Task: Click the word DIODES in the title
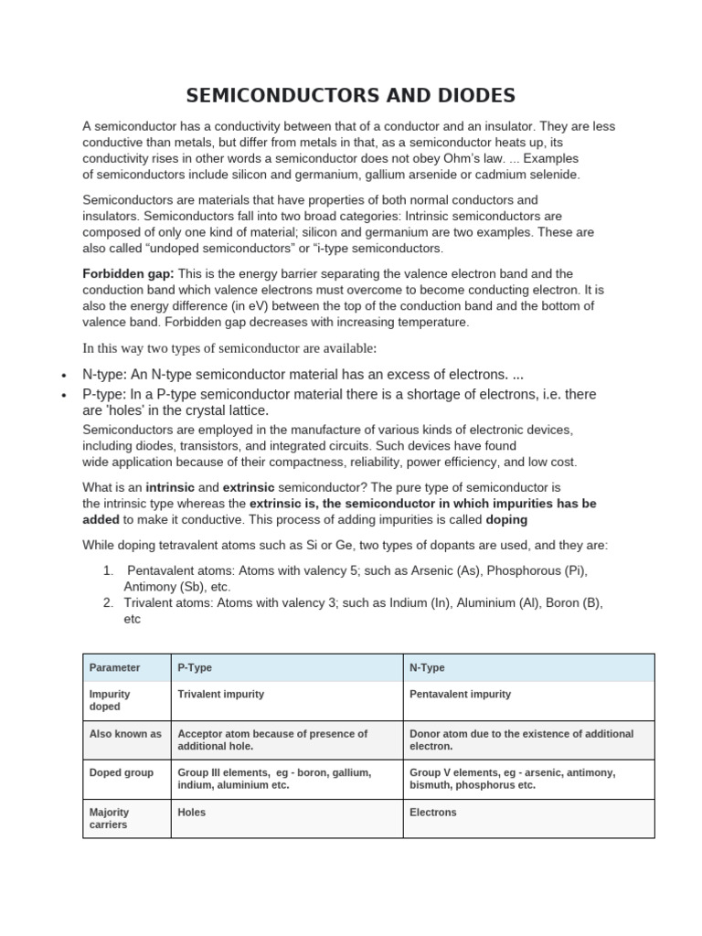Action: [x=473, y=95]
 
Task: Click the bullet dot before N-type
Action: [x=62, y=376]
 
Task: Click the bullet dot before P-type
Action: [x=62, y=396]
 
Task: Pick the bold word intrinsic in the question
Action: [x=170, y=487]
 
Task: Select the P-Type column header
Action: [x=195, y=668]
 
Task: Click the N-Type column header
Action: [x=427, y=668]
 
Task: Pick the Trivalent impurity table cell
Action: [x=220, y=694]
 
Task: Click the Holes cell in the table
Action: [x=191, y=812]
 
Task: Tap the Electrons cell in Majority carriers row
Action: [x=432, y=812]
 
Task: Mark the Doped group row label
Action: [x=121, y=772]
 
